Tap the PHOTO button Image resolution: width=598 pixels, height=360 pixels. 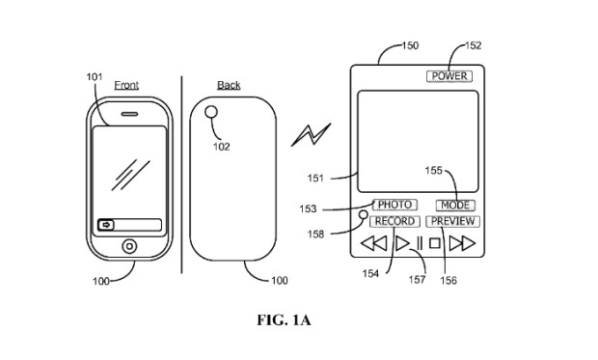pyautogui.click(x=394, y=205)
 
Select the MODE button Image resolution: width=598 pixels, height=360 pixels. pyautogui.click(x=454, y=206)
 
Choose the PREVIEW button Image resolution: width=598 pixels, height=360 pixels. pyautogui.click(x=453, y=221)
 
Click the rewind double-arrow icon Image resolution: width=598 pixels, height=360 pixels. pyautogui.click(x=374, y=244)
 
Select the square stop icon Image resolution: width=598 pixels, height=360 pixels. pyautogui.click(x=435, y=244)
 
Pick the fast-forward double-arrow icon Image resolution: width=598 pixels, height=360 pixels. pyautogui.click(x=462, y=244)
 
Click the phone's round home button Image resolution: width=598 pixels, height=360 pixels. pyautogui.click(x=128, y=245)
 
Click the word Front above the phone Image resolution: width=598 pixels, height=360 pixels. pyautogui.click(x=126, y=85)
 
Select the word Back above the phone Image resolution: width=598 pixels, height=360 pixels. pyautogui.click(x=229, y=85)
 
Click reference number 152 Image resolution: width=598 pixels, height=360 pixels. pyautogui.click(x=473, y=45)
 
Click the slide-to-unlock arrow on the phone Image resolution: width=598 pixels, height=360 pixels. pyautogui.click(x=104, y=225)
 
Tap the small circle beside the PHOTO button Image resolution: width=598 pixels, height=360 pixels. pyautogui.click(x=364, y=214)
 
